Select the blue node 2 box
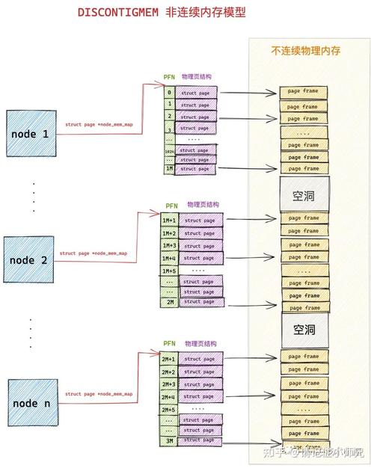pyautogui.click(x=29, y=259)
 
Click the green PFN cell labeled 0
pyautogui.click(x=170, y=91)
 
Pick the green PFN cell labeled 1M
pyautogui.click(x=170, y=169)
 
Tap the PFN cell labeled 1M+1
pyautogui.click(x=169, y=221)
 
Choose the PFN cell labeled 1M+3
pyautogui.click(x=169, y=245)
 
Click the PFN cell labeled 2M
pyautogui.click(x=170, y=302)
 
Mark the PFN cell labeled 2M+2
pyautogui.click(x=168, y=372)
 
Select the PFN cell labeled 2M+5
pyautogui.click(x=168, y=410)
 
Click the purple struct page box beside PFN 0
pyautogui.click(x=198, y=91)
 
